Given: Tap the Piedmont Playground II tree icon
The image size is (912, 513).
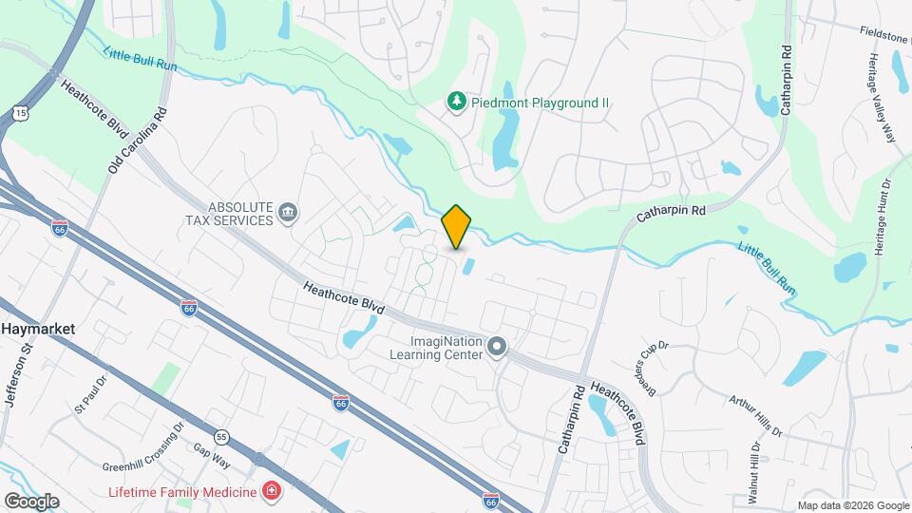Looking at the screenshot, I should (x=457, y=101).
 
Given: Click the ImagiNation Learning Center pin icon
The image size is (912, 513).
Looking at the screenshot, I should (x=497, y=348).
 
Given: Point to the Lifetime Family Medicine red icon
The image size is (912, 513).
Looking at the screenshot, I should (x=272, y=491).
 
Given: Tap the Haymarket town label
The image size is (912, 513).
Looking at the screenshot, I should (x=38, y=328).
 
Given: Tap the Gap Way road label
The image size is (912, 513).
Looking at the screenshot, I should (x=212, y=455).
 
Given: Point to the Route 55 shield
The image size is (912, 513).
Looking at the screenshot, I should (x=221, y=436).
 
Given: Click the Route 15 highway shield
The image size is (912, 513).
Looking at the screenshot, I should (x=20, y=113).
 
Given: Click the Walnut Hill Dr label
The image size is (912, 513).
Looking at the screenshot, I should (x=755, y=473).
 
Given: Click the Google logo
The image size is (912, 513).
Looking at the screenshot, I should (x=31, y=501).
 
